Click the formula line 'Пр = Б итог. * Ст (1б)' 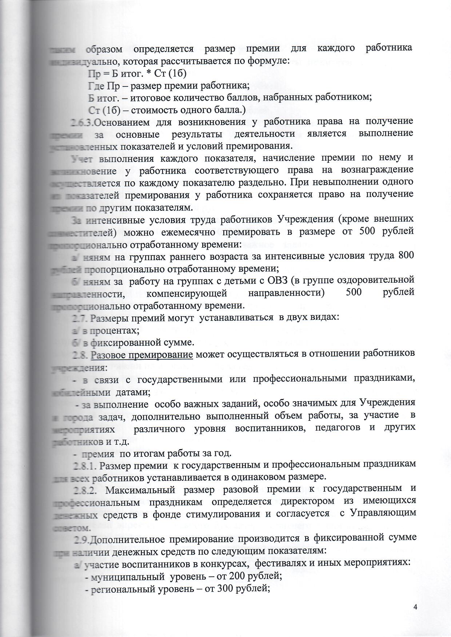tap(137, 74)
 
